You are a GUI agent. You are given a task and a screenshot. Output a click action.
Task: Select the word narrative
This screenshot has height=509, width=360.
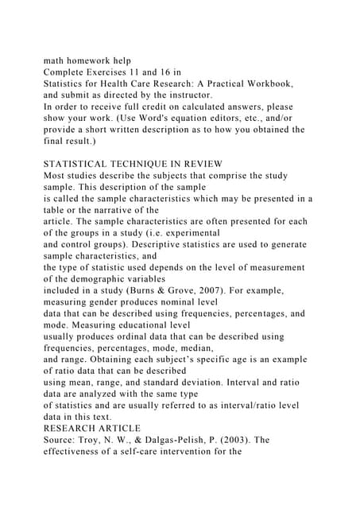click(x=126, y=208)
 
